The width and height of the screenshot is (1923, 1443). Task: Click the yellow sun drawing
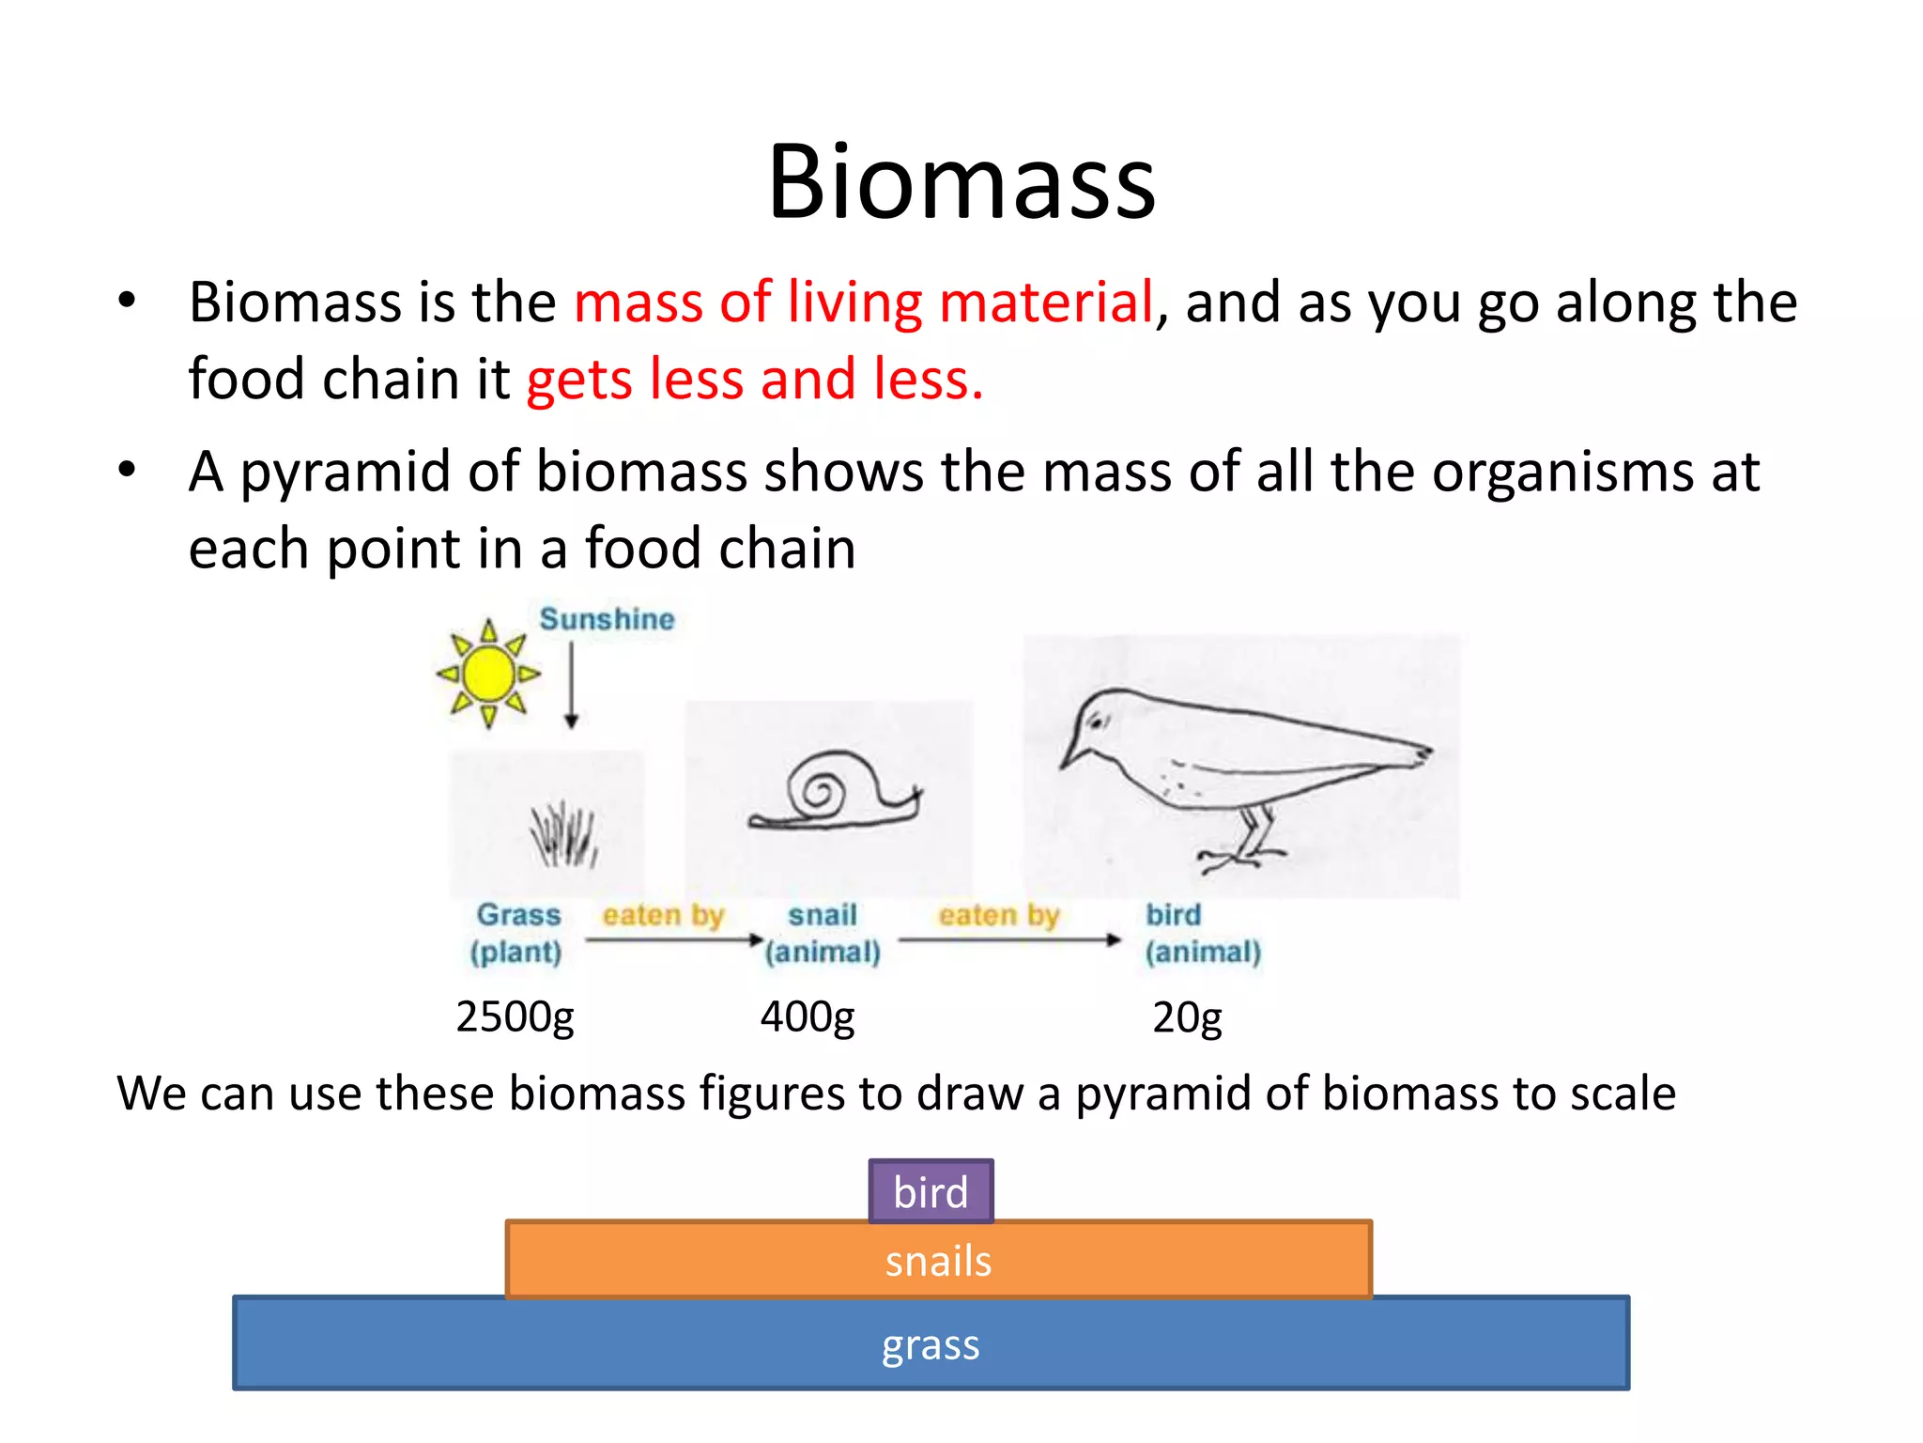pos(488,674)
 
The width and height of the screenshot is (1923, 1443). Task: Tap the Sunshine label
pos(607,619)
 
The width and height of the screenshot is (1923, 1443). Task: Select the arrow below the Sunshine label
pos(571,685)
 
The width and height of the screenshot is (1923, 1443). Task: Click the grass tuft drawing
pos(563,834)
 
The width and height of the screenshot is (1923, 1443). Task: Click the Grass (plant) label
pos(517,933)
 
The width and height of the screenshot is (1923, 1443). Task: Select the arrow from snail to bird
pos(1009,939)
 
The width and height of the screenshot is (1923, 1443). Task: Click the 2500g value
pos(515,1016)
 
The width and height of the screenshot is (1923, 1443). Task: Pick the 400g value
pos(808,1016)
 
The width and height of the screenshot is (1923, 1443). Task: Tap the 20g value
pos(1187,1016)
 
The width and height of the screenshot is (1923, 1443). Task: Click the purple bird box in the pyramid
pos(931,1191)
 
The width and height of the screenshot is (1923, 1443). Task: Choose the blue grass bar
pos(931,1343)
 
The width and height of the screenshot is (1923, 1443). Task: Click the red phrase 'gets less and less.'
pos(755,380)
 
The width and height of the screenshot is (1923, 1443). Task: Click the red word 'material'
pos(1045,303)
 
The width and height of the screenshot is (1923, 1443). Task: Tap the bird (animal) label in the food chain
pos(1202,933)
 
